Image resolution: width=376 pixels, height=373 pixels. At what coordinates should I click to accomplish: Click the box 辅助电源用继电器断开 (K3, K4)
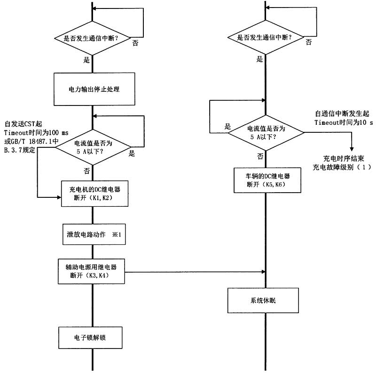pos(92,271)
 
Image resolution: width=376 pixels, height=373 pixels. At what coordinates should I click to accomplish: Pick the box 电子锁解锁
pos(92,338)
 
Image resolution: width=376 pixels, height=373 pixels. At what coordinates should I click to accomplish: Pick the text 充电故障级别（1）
pos(342,168)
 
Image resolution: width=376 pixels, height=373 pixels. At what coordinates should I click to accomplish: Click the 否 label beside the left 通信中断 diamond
pos(135,43)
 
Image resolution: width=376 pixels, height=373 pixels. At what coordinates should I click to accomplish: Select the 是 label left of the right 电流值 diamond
pos(228,126)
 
